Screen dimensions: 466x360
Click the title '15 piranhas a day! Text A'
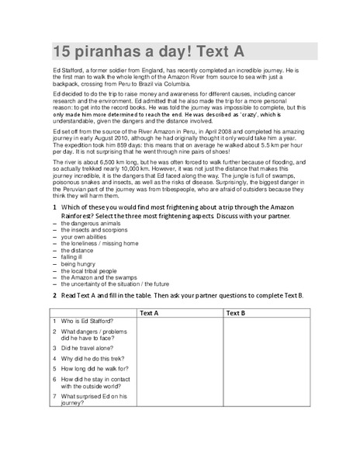(148, 52)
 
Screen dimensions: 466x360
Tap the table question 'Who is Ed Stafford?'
(87, 322)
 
